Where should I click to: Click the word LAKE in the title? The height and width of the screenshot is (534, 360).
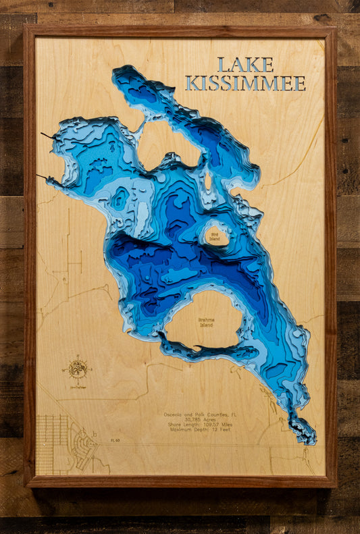pyautogui.click(x=245, y=65)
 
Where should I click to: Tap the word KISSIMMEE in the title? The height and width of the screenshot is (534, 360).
pyautogui.click(x=245, y=83)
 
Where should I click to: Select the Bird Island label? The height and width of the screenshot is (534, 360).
pyautogui.click(x=214, y=237)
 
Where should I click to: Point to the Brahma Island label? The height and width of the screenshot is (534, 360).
pyautogui.click(x=206, y=323)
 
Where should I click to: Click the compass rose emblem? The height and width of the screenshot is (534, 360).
pyautogui.click(x=77, y=369)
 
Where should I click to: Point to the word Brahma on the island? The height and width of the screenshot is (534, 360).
pyautogui.click(x=206, y=319)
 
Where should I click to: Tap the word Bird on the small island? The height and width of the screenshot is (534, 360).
pyautogui.click(x=214, y=234)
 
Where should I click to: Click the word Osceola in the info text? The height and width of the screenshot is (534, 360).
pyautogui.click(x=175, y=415)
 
